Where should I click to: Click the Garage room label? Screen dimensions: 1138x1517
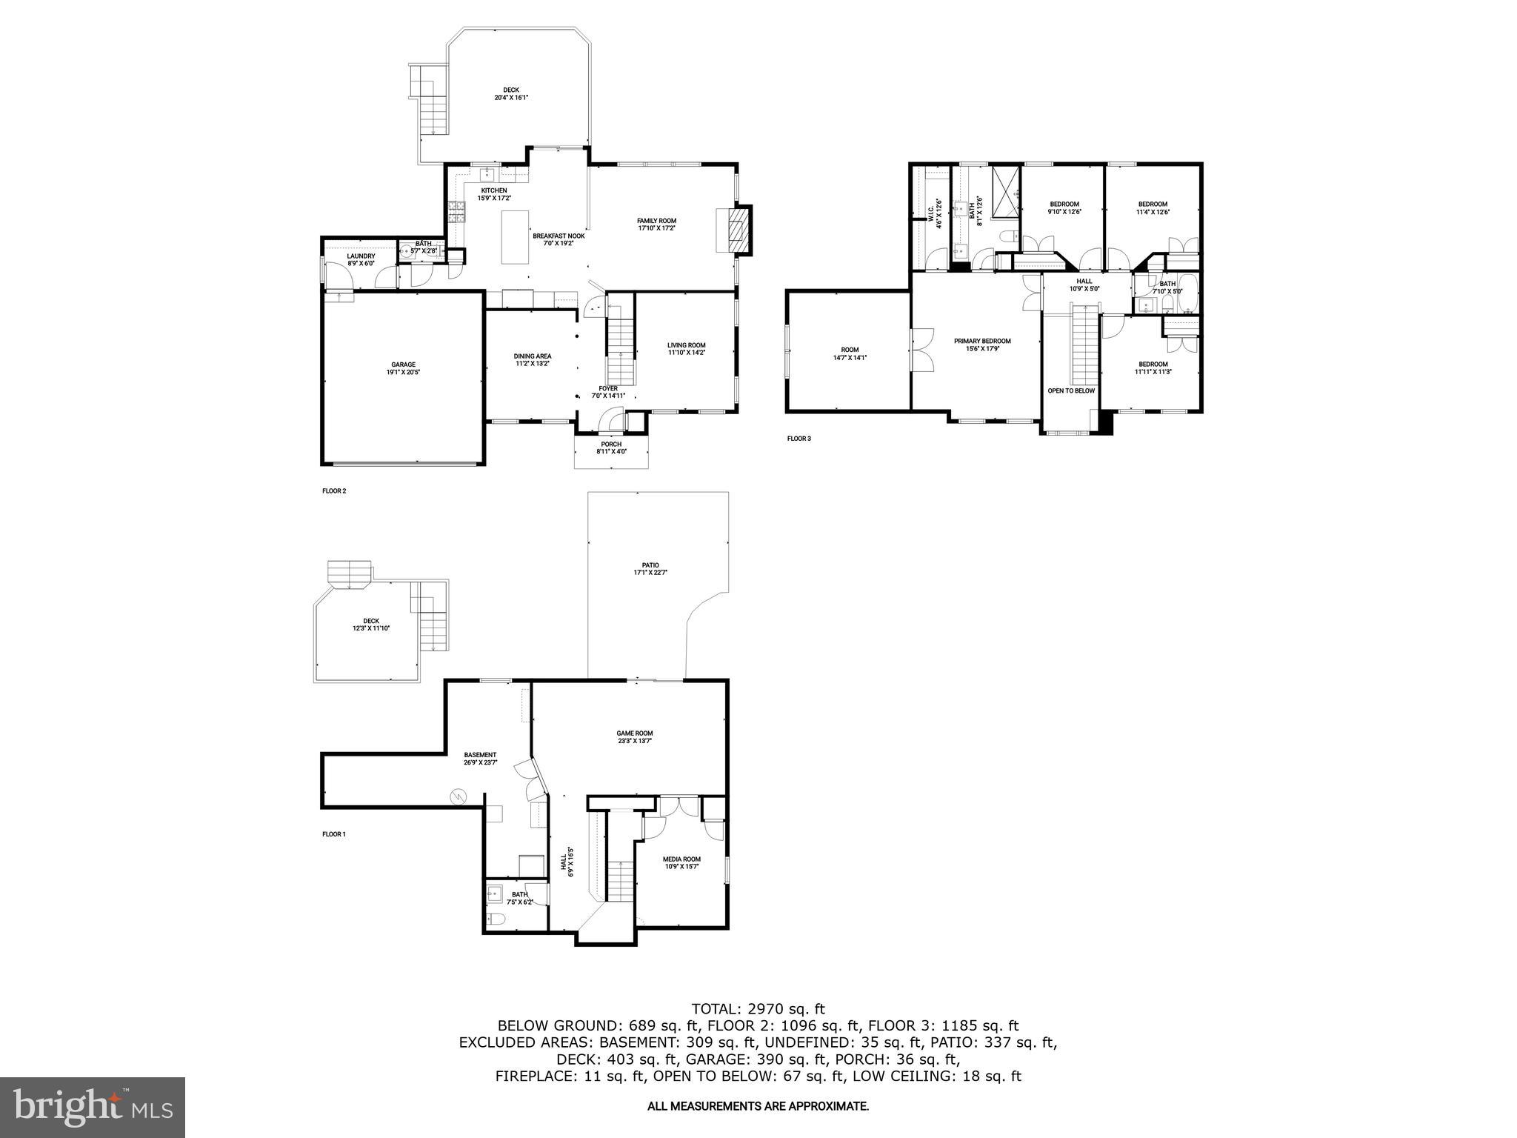click(x=403, y=365)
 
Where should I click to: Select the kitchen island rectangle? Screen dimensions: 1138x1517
click(x=515, y=237)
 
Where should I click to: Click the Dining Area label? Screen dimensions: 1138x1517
click(x=532, y=356)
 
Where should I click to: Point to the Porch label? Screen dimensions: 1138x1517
click(x=611, y=445)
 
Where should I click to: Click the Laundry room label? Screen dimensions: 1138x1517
click(x=361, y=256)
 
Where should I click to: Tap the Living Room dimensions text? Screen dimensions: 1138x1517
click(x=686, y=353)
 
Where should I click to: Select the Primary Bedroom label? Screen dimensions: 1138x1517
click(x=981, y=342)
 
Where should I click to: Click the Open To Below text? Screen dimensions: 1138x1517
click(x=1070, y=390)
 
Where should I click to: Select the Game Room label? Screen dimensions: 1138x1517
click(x=635, y=733)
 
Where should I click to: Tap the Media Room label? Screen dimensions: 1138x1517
click(x=681, y=859)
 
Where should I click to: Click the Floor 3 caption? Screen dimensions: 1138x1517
click(x=798, y=439)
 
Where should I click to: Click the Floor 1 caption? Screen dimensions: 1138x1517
click(x=334, y=834)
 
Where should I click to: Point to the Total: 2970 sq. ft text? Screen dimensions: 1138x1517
click(x=758, y=1008)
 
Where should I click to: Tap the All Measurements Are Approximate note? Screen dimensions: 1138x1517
click(x=758, y=1106)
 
